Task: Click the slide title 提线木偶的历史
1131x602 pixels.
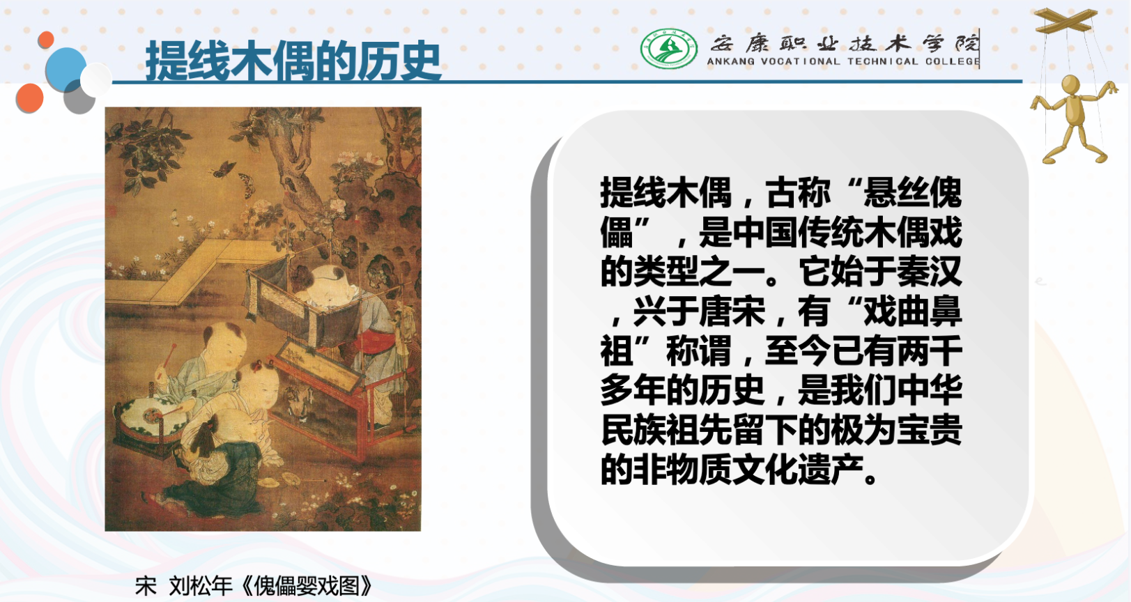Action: point(293,61)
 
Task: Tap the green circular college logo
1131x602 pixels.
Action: point(669,49)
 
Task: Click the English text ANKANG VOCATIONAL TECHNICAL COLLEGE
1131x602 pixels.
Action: point(843,61)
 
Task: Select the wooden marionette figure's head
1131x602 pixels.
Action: point(1071,84)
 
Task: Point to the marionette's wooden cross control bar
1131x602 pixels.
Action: point(1066,21)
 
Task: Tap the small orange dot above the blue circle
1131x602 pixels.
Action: point(46,40)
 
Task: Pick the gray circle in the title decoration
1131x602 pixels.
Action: point(79,98)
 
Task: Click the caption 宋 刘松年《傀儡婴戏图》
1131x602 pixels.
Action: point(254,586)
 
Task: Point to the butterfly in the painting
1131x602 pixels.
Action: point(224,169)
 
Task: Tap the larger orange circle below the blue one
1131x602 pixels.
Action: point(30,98)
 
